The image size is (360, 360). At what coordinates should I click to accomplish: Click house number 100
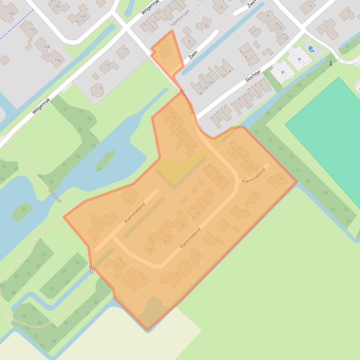click(11, 13)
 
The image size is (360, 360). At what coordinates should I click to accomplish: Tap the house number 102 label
click(32, 29)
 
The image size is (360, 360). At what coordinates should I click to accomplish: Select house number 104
click(46, 47)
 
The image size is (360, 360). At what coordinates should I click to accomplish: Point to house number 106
click(58, 60)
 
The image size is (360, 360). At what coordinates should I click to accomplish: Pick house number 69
click(83, 16)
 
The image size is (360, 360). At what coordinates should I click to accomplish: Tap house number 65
click(59, 6)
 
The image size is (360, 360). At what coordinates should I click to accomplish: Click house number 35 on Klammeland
click(129, 202)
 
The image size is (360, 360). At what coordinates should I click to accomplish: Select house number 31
click(94, 227)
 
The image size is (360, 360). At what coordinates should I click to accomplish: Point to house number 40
click(150, 249)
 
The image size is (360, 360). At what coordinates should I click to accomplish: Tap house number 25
click(144, 278)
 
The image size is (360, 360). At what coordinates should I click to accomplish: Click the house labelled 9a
click(281, 178)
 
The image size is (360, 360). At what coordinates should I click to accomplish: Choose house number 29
click(119, 259)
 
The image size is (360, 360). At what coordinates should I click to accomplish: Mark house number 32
click(182, 224)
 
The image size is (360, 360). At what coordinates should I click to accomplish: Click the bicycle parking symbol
click(312, 50)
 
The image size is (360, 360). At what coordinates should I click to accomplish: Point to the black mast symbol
click(331, 63)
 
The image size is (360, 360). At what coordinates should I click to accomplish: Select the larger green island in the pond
click(105, 160)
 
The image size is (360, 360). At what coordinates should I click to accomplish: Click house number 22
click(227, 183)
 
